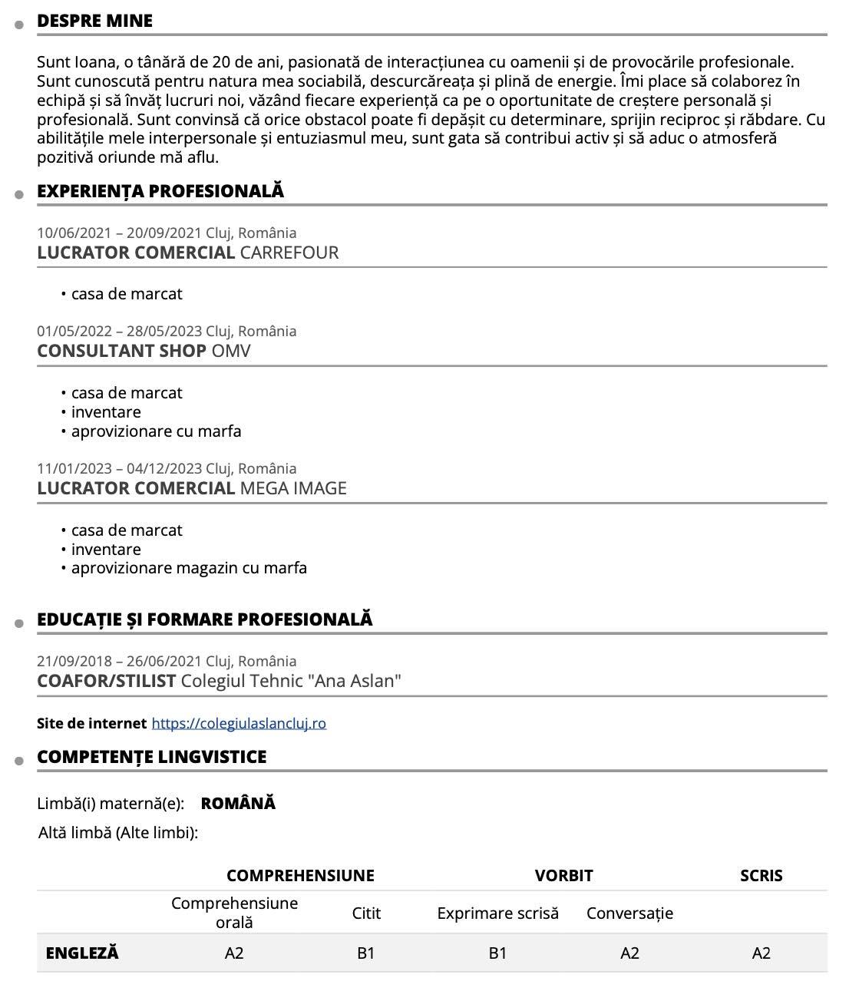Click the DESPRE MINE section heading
[x=94, y=21]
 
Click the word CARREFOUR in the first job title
[x=289, y=253]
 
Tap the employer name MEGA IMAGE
[x=293, y=488]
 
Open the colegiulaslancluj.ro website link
[x=239, y=723]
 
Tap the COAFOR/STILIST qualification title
[x=107, y=681]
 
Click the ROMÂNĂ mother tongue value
[x=238, y=804]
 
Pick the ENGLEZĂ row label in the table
[x=82, y=953]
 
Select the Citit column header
[x=366, y=913]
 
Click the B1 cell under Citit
[x=366, y=953]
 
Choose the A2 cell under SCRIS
[x=761, y=953]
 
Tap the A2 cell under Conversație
[x=629, y=953]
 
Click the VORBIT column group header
[x=563, y=876]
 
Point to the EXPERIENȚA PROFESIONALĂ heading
[x=160, y=191]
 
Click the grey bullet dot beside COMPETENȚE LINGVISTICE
[x=18, y=761]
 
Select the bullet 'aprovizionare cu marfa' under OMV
[x=156, y=431]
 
